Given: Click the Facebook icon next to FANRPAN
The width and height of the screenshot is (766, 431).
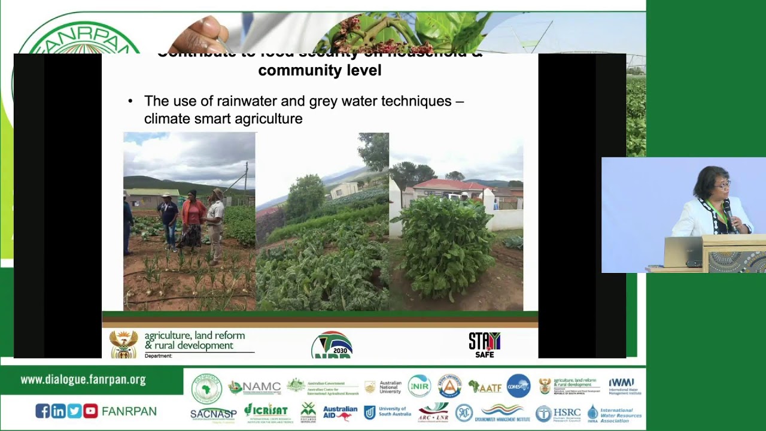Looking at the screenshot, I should tap(42, 411).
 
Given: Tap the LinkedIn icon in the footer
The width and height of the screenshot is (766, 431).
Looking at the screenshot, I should tap(58, 411).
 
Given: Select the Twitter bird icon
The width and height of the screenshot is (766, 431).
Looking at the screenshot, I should tap(74, 411).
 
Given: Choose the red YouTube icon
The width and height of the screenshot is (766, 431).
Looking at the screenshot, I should tap(90, 411).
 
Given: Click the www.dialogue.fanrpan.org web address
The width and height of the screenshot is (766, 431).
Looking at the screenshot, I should tap(83, 380).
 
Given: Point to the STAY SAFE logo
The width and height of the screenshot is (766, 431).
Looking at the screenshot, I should tap(484, 345).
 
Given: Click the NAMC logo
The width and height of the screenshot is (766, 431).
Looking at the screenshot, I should tap(254, 387).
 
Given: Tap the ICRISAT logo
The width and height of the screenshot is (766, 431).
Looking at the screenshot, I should tap(266, 412).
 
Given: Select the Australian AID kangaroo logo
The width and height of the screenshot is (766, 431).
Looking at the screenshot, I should tap(340, 412).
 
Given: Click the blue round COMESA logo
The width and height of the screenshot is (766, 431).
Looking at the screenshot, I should tap(518, 386).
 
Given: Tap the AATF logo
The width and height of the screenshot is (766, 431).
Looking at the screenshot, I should tap(485, 387).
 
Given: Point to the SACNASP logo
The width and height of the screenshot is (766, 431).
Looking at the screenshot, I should tap(213, 414).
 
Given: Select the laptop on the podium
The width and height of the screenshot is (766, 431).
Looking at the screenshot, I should tap(683, 251).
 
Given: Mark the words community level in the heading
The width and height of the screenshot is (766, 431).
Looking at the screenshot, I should tap(320, 70).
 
